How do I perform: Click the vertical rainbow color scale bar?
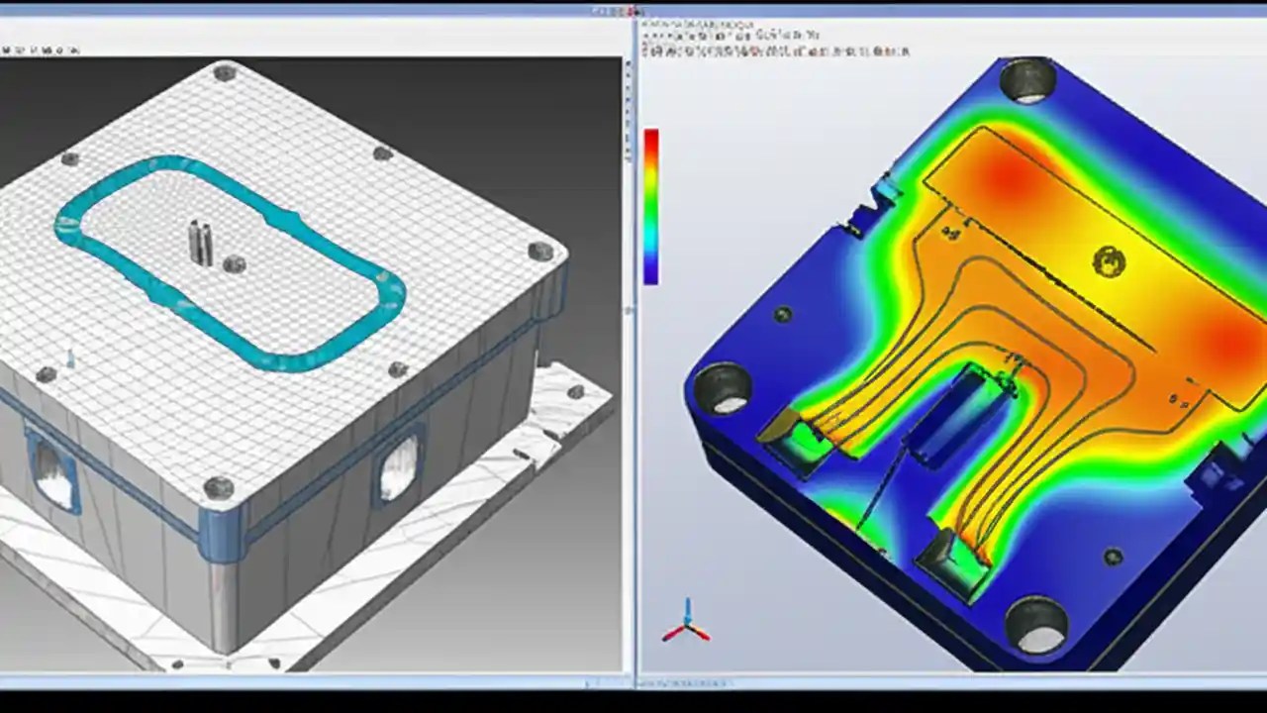pos(650,206)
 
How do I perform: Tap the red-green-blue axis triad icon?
pos(685,623)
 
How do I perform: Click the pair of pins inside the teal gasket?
pos(201,244)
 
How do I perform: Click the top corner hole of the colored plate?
pos(1029,79)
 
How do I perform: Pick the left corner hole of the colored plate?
pos(723,387)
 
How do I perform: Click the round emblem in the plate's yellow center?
pos(1109,262)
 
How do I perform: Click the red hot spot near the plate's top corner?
pos(1010,178)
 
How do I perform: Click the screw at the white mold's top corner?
pos(225,71)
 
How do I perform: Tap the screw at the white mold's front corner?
pos(218,487)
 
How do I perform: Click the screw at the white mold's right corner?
pos(540,251)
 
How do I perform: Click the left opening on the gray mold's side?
pos(54,473)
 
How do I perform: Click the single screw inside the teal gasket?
pos(234,264)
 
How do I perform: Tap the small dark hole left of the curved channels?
pos(782,315)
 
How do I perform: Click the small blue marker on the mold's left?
pos(69,358)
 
